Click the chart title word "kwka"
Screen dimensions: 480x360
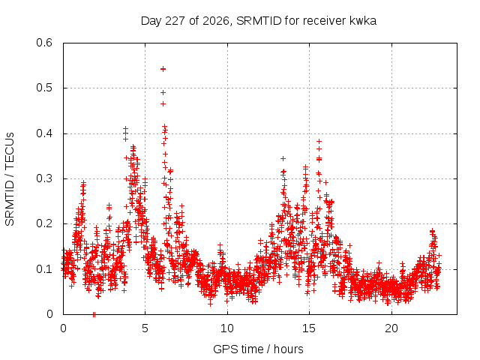coord(363,21)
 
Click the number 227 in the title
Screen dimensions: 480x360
coord(175,21)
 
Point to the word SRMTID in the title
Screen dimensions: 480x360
coord(259,21)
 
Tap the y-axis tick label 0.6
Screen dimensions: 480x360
coord(44,43)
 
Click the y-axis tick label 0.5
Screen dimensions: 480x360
coord(44,88)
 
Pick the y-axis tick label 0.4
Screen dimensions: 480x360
coord(44,133)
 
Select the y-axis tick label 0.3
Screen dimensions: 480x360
coord(44,178)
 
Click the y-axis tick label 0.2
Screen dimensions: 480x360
coord(44,223)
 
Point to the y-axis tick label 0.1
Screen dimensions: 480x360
coord(44,269)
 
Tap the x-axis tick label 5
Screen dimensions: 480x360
coord(145,328)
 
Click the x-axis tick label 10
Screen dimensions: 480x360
coord(227,328)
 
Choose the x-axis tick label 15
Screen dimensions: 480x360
coord(309,328)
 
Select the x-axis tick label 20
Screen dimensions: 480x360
coord(391,328)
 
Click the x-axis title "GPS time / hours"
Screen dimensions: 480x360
coord(258,349)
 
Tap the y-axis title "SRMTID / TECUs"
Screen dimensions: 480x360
coord(10,179)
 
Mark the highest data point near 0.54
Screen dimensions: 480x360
coord(163,69)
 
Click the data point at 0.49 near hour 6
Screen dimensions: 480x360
coord(163,92)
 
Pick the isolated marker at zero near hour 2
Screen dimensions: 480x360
coord(94,314)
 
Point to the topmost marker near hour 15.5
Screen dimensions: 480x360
coord(319,141)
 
